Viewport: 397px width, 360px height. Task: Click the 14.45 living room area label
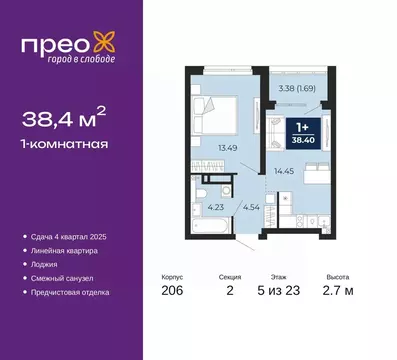point(285,171)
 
